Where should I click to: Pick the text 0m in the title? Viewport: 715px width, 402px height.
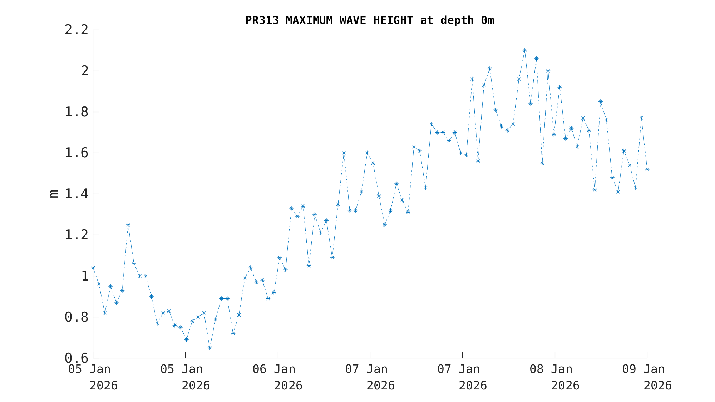[x=487, y=20]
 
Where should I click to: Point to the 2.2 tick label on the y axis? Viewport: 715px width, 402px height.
[x=76, y=30]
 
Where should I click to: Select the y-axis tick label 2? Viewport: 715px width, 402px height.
[x=85, y=71]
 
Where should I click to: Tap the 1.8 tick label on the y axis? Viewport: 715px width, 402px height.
[x=76, y=112]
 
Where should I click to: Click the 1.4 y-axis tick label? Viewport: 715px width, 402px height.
[x=76, y=194]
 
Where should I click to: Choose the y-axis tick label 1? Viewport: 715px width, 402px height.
[x=85, y=276]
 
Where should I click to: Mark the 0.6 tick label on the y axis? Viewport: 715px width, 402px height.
[x=76, y=358]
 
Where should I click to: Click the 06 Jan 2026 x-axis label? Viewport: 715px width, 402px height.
[x=278, y=377]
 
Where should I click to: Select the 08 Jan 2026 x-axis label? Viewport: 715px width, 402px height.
[x=554, y=377]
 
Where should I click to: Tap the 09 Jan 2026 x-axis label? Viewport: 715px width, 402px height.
[x=647, y=377]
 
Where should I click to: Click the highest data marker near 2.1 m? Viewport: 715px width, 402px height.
[x=524, y=50]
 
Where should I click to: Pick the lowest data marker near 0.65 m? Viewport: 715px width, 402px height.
[x=209, y=348]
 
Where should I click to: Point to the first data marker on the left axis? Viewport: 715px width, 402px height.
[x=93, y=268]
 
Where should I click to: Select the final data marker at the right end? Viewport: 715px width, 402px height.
[x=647, y=169]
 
